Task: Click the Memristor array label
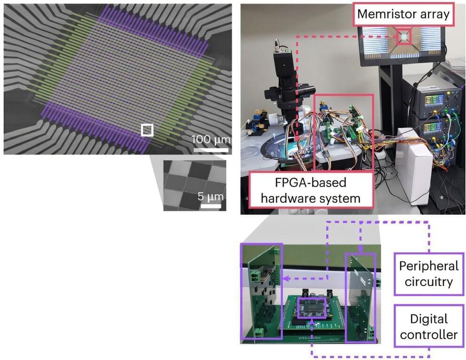pyautogui.click(x=403, y=14)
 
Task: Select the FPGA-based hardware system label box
pyautogui.click(x=311, y=190)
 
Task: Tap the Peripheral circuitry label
pyautogui.click(x=429, y=274)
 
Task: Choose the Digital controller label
pyautogui.click(x=429, y=326)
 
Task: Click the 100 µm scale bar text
pyautogui.click(x=211, y=139)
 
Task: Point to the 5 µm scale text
pyautogui.click(x=210, y=196)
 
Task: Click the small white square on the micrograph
pyautogui.click(x=147, y=130)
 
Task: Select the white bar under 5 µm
pyautogui.click(x=211, y=206)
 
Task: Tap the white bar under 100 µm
pyautogui.click(x=211, y=150)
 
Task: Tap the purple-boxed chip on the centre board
pyautogui.click(x=312, y=307)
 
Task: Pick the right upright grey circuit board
pyautogui.click(x=361, y=297)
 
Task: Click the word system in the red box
pyautogui.click(x=341, y=198)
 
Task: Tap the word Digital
pyautogui.click(x=429, y=319)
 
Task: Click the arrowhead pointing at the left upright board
pyautogui.click(x=285, y=279)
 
